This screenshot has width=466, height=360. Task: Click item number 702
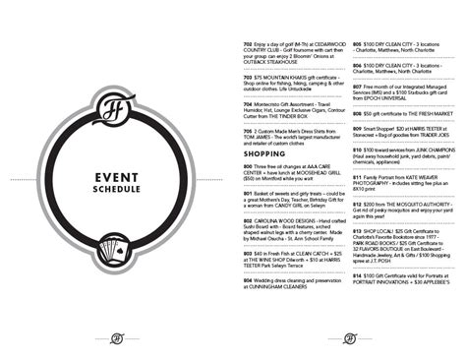(248, 44)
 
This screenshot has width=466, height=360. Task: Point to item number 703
(248, 75)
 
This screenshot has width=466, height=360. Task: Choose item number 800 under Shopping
(248, 167)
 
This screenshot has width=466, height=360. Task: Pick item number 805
(357, 44)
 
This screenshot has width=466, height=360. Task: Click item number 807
(357, 86)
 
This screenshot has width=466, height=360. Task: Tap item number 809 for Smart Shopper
(357, 128)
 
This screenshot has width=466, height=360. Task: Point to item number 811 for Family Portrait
(357, 173)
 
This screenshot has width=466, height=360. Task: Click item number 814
(357, 275)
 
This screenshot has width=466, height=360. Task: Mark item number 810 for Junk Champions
(357, 150)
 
